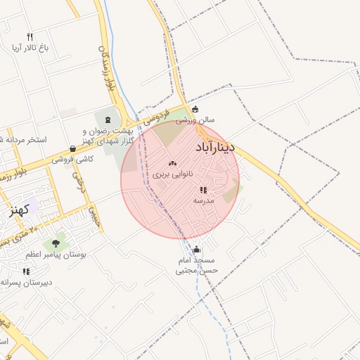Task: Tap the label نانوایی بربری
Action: click(x=172, y=173)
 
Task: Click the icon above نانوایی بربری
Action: click(x=172, y=163)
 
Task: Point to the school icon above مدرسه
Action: click(x=203, y=190)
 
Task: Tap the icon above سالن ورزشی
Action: click(x=195, y=110)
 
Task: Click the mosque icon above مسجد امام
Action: click(x=196, y=250)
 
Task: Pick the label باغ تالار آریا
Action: click(x=29, y=48)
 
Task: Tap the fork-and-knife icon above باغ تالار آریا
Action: click(x=30, y=37)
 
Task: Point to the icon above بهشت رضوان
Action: click(x=108, y=120)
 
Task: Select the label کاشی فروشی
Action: click(x=72, y=160)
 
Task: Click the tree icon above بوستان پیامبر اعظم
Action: click(x=54, y=243)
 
